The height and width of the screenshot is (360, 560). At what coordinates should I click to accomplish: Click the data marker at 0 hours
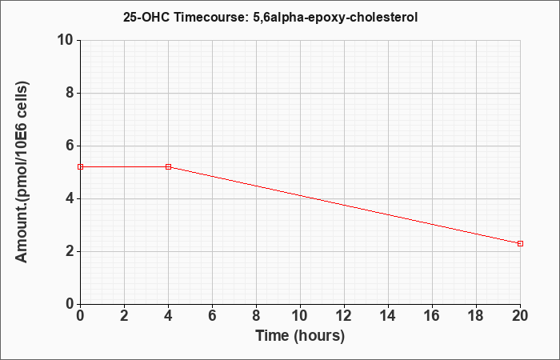[x=80, y=166]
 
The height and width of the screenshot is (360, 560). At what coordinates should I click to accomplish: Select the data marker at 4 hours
[x=169, y=166]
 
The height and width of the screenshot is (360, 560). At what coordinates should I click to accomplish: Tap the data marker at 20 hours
[x=520, y=243]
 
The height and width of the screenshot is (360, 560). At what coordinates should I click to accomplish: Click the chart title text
[x=270, y=17]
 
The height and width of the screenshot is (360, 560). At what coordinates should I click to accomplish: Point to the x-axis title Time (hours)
[x=300, y=336]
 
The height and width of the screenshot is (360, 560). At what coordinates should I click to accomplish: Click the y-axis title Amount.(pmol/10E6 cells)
[x=22, y=172]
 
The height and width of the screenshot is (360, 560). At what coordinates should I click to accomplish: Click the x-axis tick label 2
[x=124, y=316]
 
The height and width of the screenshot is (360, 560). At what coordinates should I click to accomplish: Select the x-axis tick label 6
[x=213, y=316]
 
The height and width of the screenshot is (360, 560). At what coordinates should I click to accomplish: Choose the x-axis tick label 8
[x=257, y=316]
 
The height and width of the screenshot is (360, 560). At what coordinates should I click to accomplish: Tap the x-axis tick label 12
[x=344, y=316]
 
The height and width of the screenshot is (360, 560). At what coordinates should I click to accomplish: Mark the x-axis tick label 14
[x=388, y=316]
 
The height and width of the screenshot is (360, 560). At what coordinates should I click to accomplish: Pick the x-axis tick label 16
[x=432, y=316]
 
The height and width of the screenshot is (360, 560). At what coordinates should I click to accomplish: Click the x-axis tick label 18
[x=477, y=316]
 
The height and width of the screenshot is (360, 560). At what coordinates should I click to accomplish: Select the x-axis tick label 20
[x=520, y=316]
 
